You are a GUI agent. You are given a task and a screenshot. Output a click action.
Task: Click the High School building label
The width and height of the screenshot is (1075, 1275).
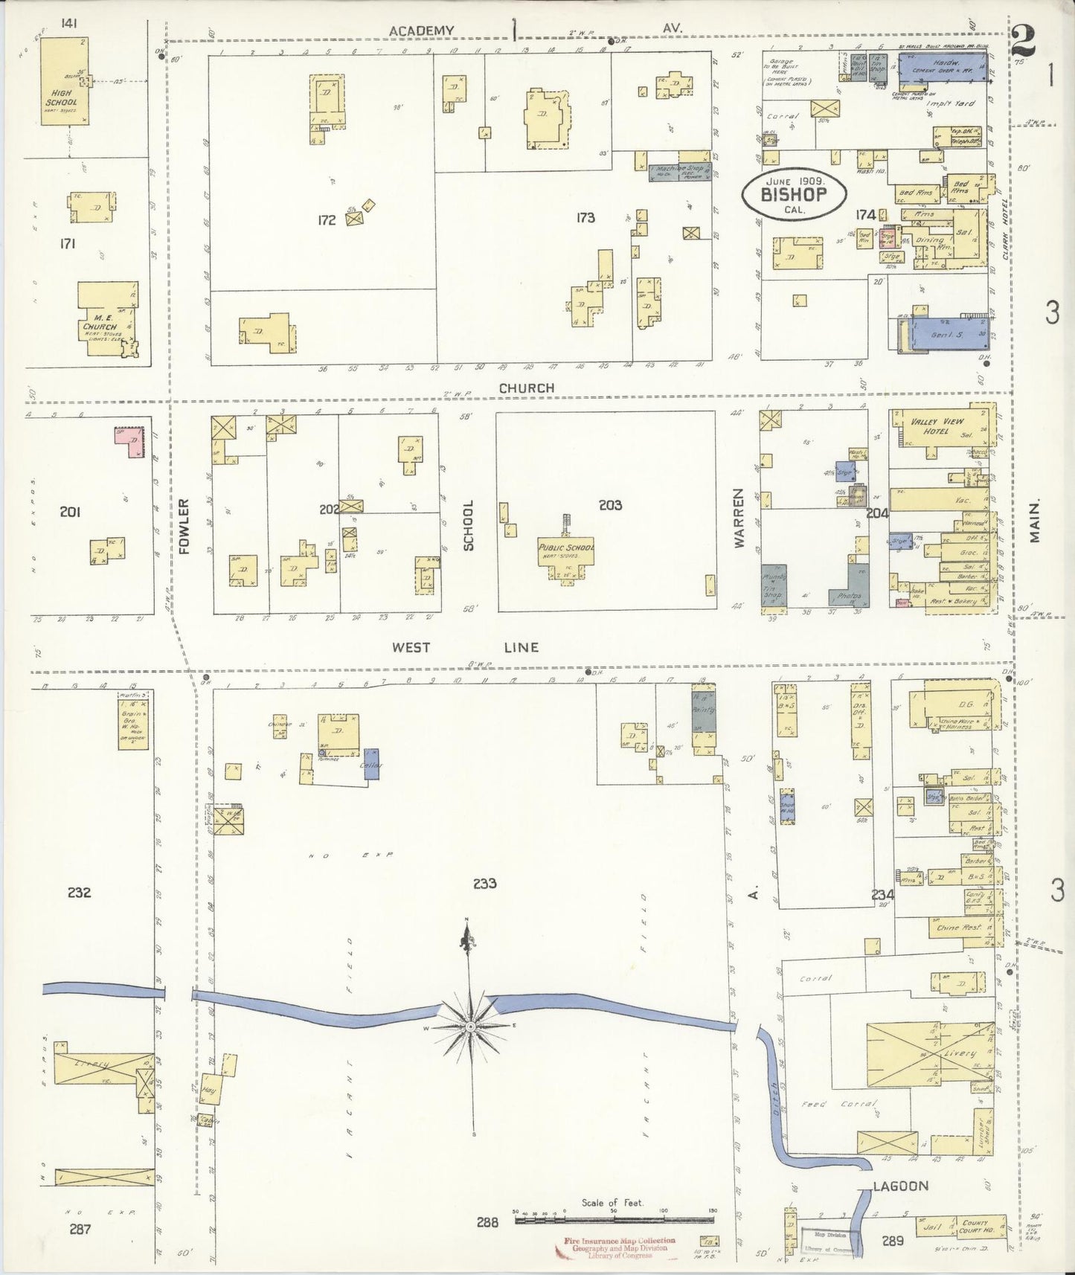pos(60,97)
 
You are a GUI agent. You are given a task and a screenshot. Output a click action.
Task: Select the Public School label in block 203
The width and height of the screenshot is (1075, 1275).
pos(567,547)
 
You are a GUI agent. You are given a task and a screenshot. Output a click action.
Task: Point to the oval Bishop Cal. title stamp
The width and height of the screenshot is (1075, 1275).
pos(793,194)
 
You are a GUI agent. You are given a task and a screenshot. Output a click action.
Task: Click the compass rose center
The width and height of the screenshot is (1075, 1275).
pos(470,1027)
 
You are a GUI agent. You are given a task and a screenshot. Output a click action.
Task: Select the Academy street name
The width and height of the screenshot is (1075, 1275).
pos(421,30)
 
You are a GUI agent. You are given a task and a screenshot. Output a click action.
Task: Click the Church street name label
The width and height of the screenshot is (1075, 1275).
pos(526,388)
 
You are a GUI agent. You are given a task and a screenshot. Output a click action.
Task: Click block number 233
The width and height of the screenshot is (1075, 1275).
pos(484,884)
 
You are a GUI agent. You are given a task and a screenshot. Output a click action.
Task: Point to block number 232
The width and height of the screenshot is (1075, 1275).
pos(79,892)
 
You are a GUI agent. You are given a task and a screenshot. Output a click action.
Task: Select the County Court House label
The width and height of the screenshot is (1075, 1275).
pos(975,1225)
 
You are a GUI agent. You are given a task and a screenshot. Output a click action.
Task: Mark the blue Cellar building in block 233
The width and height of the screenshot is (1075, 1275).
pos(371,764)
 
